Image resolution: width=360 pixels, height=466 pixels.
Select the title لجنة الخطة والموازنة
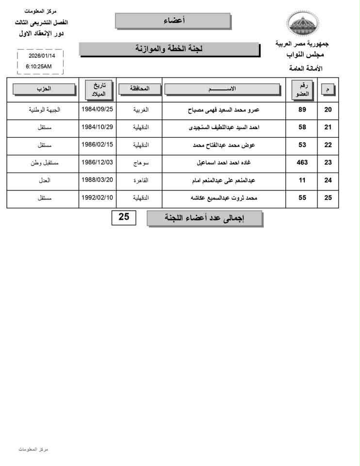point(169,49)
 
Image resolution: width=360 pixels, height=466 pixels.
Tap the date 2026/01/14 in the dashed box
point(42,55)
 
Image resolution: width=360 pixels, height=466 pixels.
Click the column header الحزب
point(44,89)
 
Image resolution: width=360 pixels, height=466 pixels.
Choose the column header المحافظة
point(138,89)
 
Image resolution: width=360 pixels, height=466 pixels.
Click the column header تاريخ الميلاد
point(98,89)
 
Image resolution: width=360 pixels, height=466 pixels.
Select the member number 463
point(302,163)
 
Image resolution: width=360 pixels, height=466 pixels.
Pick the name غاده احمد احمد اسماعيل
point(224,163)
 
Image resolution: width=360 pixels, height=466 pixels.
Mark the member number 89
point(302,110)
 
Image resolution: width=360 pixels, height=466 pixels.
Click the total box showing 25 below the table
point(124,217)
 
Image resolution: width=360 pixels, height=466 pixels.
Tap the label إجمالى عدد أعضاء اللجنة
point(204,218)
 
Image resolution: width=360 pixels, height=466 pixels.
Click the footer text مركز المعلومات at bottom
point(33,449)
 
